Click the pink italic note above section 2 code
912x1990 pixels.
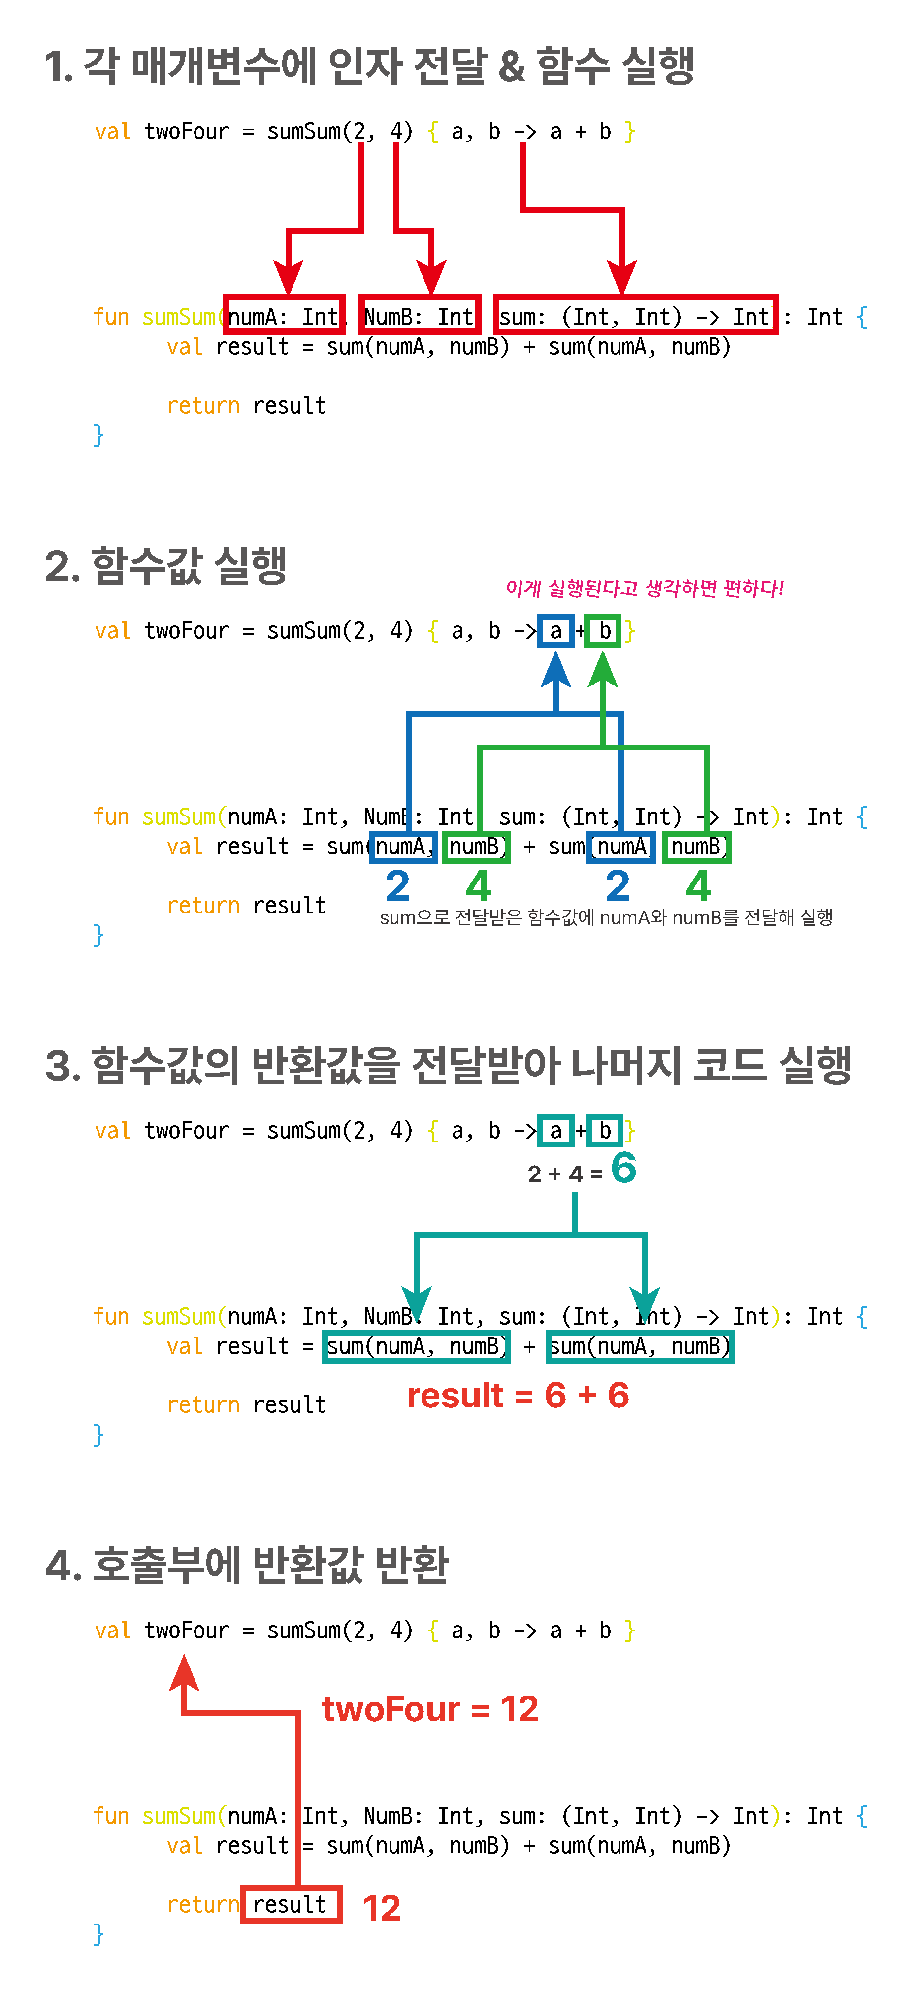(x=645, y=588)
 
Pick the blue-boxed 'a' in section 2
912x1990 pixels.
(x=555, y=631)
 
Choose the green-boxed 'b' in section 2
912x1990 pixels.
(x=603, y=631)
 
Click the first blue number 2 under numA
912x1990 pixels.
(x=398, y=885)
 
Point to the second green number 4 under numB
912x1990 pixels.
(x=698, y=885)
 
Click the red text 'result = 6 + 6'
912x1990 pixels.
(x=518, y=1395)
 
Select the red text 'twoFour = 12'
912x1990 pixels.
(x=430, y=1709)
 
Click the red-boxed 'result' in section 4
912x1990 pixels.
(x=291, y=1904)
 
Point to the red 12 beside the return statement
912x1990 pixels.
(x=382, y=1907)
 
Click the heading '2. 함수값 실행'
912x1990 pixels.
(x=166, y=565)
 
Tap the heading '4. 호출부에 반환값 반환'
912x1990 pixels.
(x=247, y=1565)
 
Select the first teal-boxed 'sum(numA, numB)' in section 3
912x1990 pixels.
(x=416, y=1346)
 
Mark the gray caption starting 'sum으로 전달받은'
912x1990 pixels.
(x=605, y=918)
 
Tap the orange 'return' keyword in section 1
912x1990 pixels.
(x=203, y=406)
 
